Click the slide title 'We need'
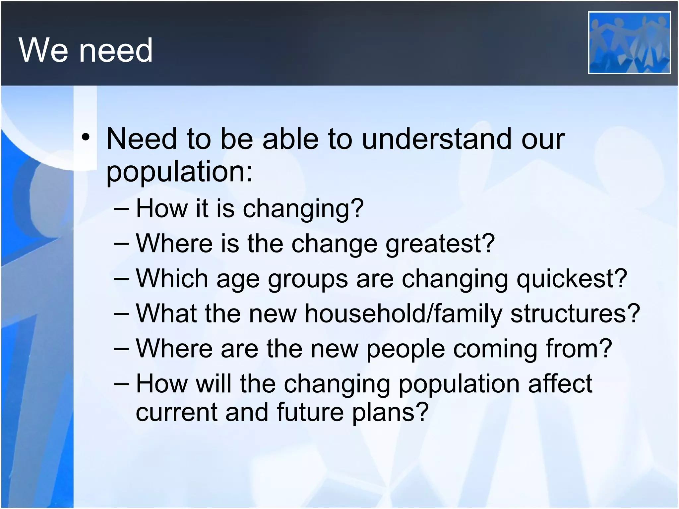coord(86,50)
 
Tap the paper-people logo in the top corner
coord(629,42)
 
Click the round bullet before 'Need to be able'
coord(86,138)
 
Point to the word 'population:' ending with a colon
coord(179,172)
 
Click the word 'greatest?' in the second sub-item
coord(440,244)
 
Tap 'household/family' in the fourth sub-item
coord(403,313)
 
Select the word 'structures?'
coord(575,313)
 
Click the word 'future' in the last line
coord(310,412)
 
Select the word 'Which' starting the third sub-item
coord(172,278)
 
